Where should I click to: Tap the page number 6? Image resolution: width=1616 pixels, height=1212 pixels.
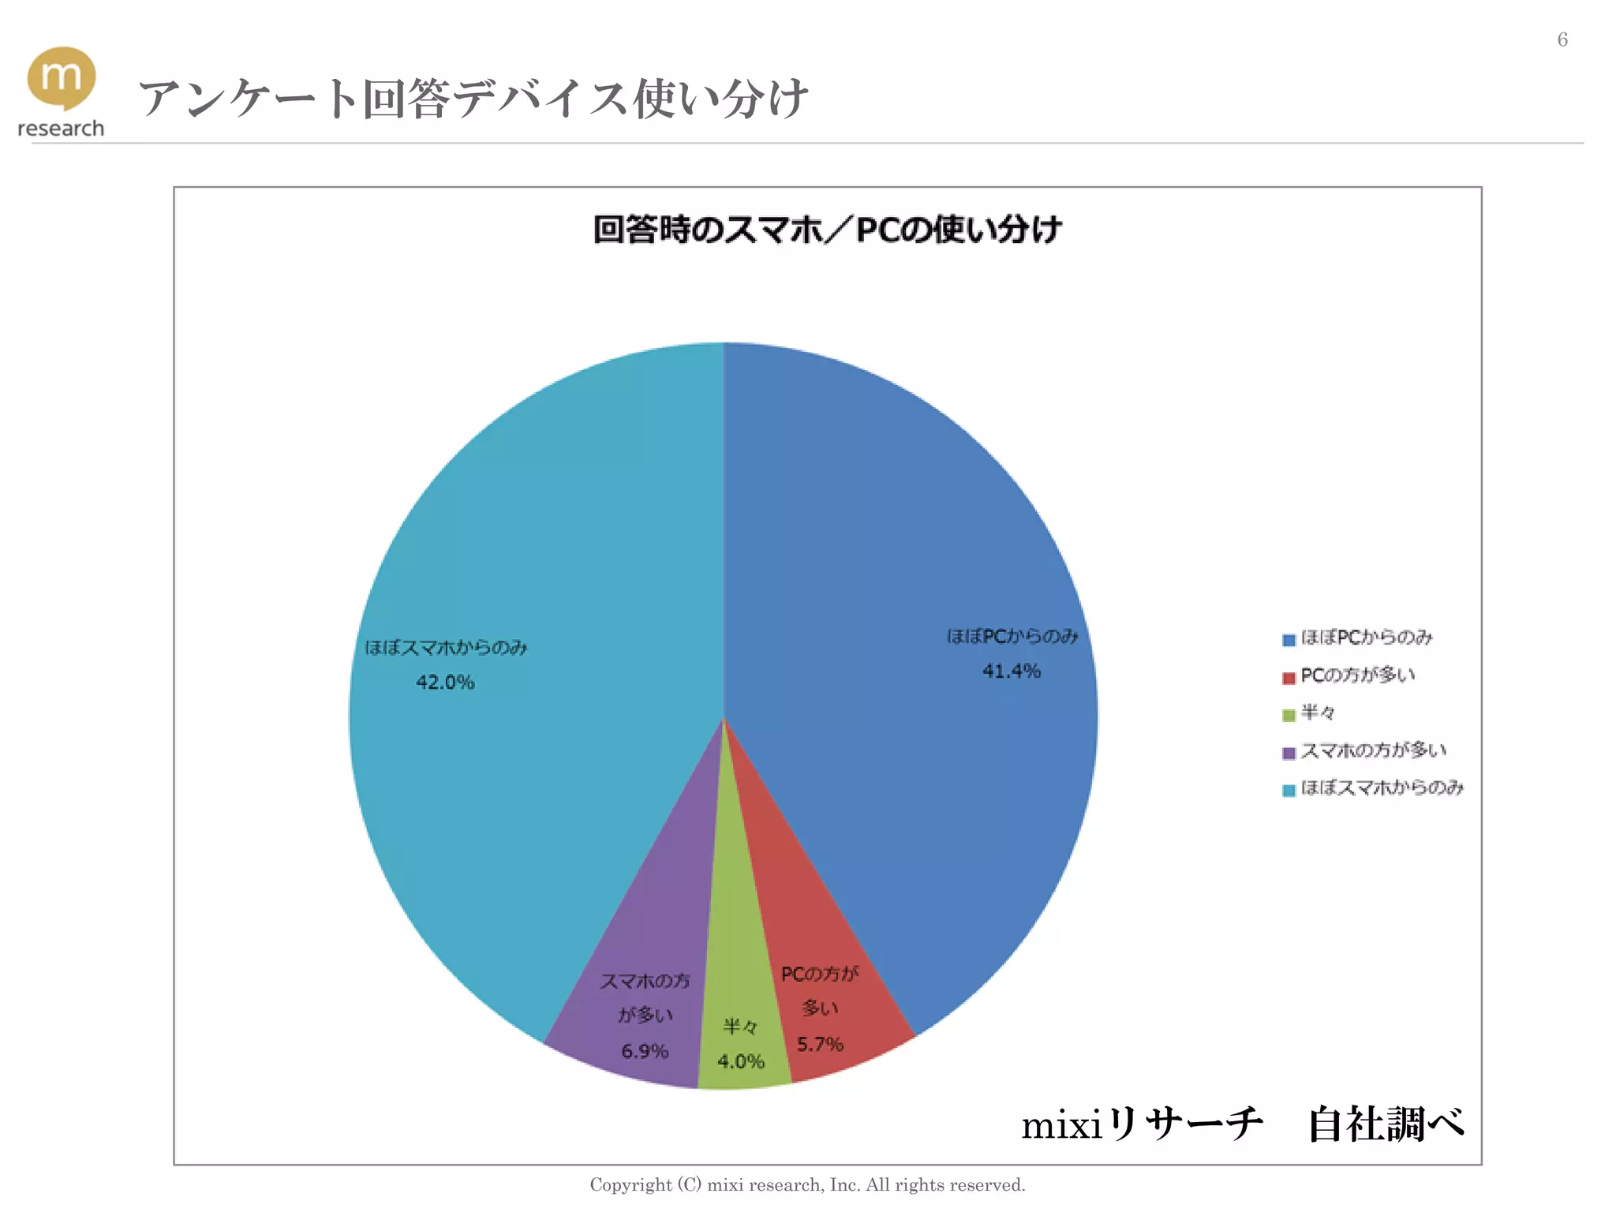(x=1562, y=39)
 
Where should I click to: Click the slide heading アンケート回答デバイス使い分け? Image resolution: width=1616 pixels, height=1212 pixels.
(x=473, y=99)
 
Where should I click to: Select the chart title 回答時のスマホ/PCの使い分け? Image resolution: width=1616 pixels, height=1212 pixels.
(x=827, y=230)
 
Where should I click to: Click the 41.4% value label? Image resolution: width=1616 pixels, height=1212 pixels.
(x=1011, y=671)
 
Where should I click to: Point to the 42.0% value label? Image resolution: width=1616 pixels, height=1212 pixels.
(x=445, y=683)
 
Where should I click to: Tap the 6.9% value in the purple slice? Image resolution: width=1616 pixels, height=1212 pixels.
(x=645, y=1051)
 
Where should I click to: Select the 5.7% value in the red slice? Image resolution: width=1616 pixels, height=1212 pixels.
(x=820, y=1045)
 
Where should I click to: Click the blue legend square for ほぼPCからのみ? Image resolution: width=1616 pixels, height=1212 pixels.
(x=1289, y=640)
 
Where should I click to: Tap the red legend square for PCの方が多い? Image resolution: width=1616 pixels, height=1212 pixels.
(x=1289, y=678)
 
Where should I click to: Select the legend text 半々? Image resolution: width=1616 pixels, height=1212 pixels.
(x=1318, y=713)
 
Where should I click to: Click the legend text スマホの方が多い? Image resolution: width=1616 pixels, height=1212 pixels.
(x=1373, y=750)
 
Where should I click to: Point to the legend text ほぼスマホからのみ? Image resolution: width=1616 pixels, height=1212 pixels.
(x=1382, y=788)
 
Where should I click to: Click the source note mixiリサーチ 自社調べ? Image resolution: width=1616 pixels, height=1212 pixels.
(x=1243, y=1124)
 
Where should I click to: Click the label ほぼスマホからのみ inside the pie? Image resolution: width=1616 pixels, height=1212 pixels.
(x=446, y=648)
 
